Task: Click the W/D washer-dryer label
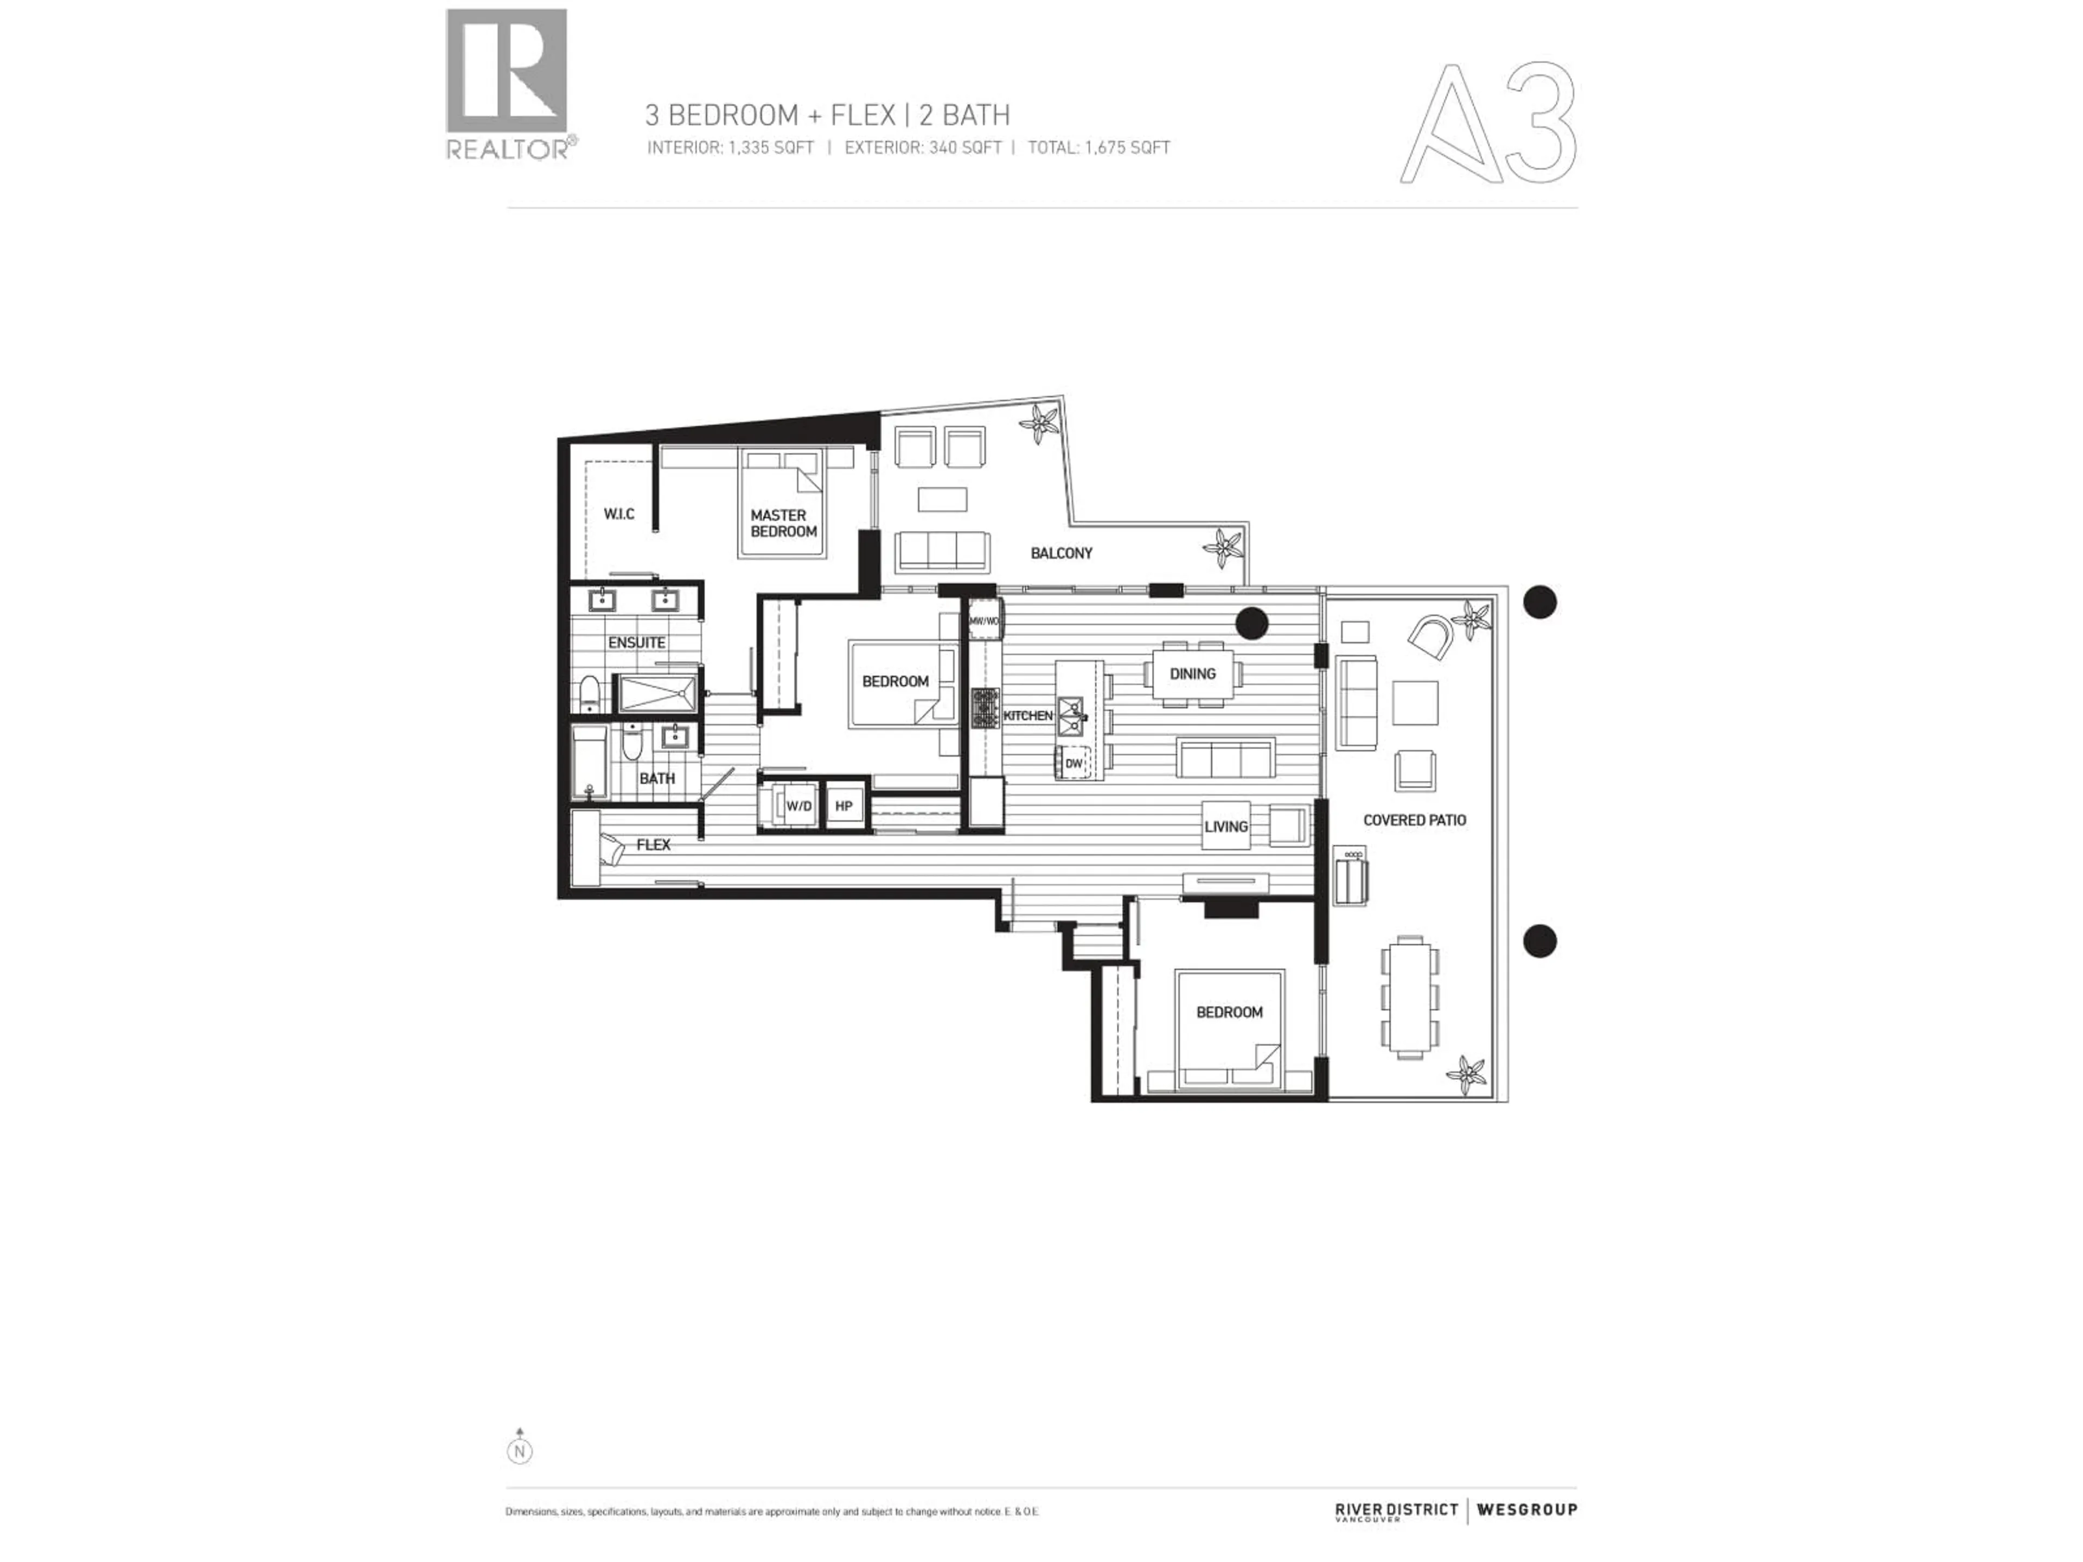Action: point(798,806)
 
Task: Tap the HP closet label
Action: point(844,806)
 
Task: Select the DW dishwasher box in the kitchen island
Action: point(1074,764)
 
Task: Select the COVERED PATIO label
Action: point(1414,820)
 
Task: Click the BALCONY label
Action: point(1061,553)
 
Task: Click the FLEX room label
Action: point(653,844)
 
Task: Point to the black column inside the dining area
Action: point(1253,622)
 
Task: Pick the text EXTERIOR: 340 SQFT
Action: point(922,148)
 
